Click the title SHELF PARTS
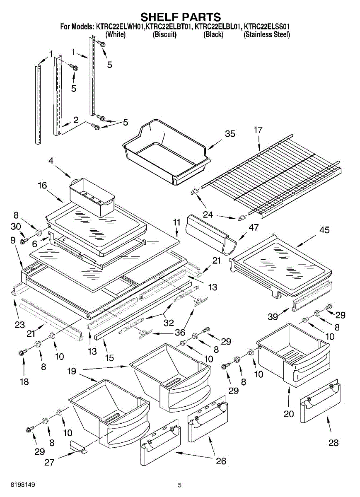pos(181,17)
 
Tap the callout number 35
pos(230,134)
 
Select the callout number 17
pos(258,130)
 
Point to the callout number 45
pos(324,230)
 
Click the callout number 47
pos(254,227)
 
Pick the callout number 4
pos(51,161)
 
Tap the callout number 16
pos(42,185)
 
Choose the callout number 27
pos(49,462)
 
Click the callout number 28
pos(333,443)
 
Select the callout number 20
pos(289,414)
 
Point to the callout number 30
pos(16,227)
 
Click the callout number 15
pos(109,358)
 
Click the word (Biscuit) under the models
pos(164,35)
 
